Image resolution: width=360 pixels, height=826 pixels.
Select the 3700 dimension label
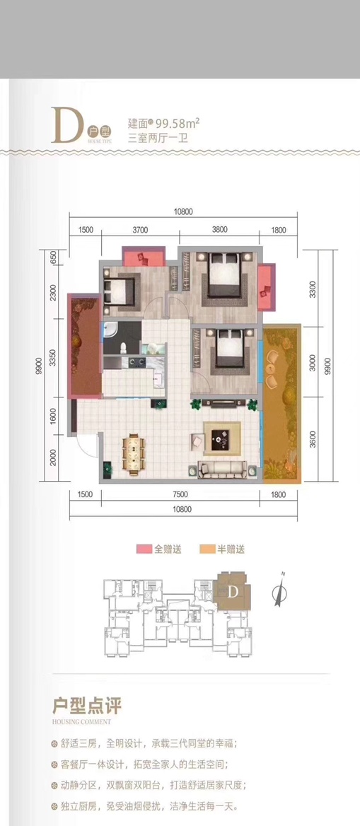point(139,229)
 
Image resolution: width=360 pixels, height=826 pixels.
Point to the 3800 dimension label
point(219,229)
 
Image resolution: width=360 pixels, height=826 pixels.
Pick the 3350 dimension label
point(52,361)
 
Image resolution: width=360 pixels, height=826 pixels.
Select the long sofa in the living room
point(222,468)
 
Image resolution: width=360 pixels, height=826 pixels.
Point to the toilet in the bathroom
point(124,348)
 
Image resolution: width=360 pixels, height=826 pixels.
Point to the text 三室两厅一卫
point(156,137)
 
